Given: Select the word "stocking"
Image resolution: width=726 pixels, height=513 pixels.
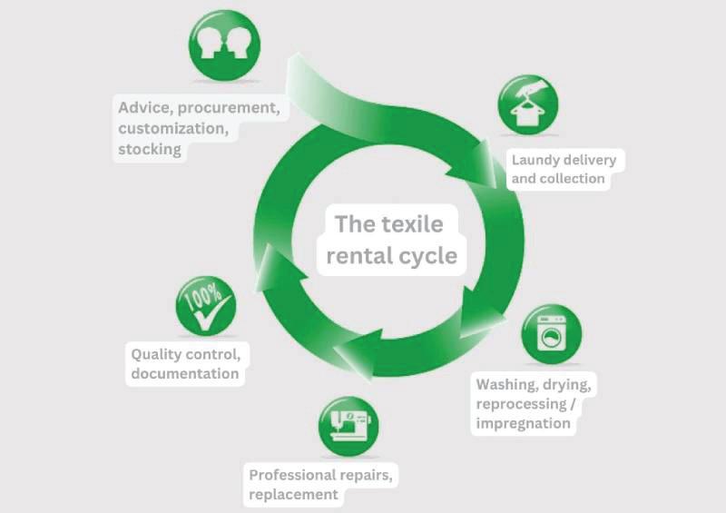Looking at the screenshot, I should [151, 150].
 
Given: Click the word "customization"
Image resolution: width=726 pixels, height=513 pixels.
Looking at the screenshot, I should [172, 129].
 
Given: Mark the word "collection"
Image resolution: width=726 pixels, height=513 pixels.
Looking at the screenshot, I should [573, 179].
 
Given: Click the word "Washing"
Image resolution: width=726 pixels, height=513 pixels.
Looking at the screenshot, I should [507, 384].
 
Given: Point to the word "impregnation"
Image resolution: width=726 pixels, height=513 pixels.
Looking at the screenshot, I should [524, 423].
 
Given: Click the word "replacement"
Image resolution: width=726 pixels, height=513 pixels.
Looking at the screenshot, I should [295, 495].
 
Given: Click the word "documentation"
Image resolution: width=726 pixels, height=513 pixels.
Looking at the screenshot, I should [185, 373].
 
